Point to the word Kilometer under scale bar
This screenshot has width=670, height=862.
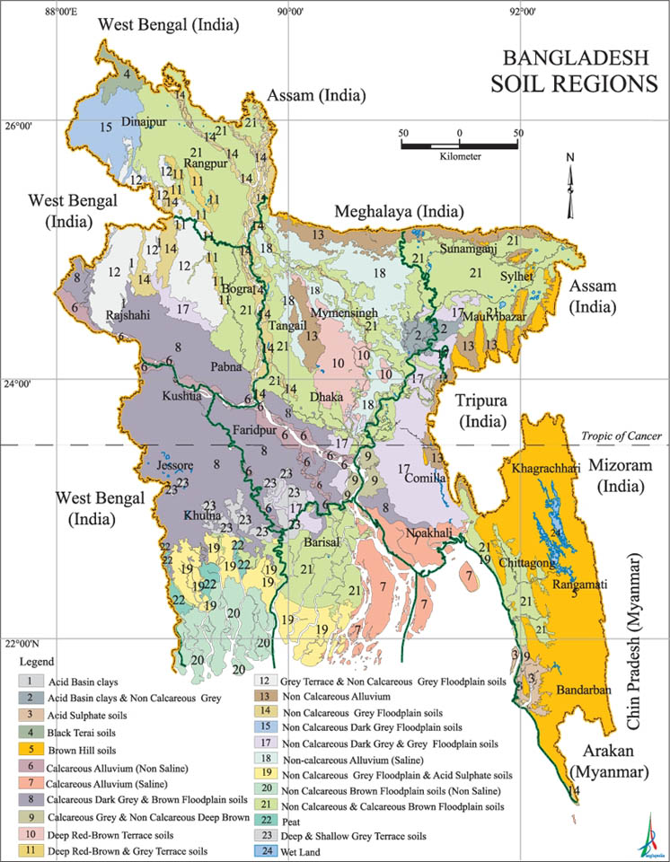(x=460, y=155)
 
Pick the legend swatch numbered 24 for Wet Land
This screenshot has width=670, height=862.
(x=267, y=849)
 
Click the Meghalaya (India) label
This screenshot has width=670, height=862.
(x=399, y=213)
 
